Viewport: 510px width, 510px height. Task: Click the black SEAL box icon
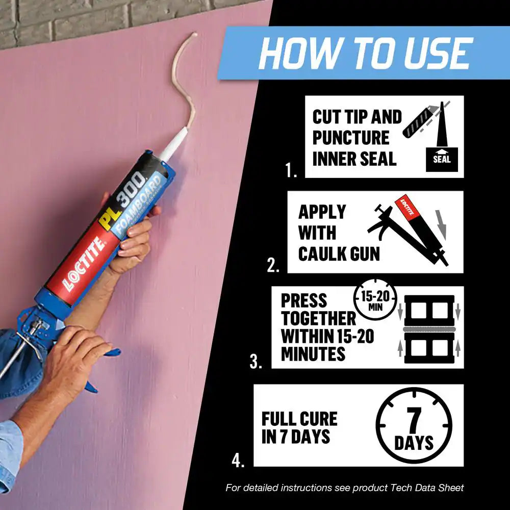[442, 159]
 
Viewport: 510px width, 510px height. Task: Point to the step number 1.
[291, 170]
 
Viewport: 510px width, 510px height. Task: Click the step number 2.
[273, 265]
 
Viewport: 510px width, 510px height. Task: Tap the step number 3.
[256, 362]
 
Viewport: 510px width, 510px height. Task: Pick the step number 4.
[238, 460]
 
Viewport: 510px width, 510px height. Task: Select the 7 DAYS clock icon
[414, 425]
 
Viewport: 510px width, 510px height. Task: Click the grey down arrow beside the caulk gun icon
[441, 225]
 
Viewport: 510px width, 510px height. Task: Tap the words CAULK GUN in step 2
[339, 254]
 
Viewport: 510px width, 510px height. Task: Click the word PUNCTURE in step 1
[351, 138]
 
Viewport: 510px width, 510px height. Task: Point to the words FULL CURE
[299, 419]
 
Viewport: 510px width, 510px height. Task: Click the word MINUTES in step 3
[313, 354]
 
